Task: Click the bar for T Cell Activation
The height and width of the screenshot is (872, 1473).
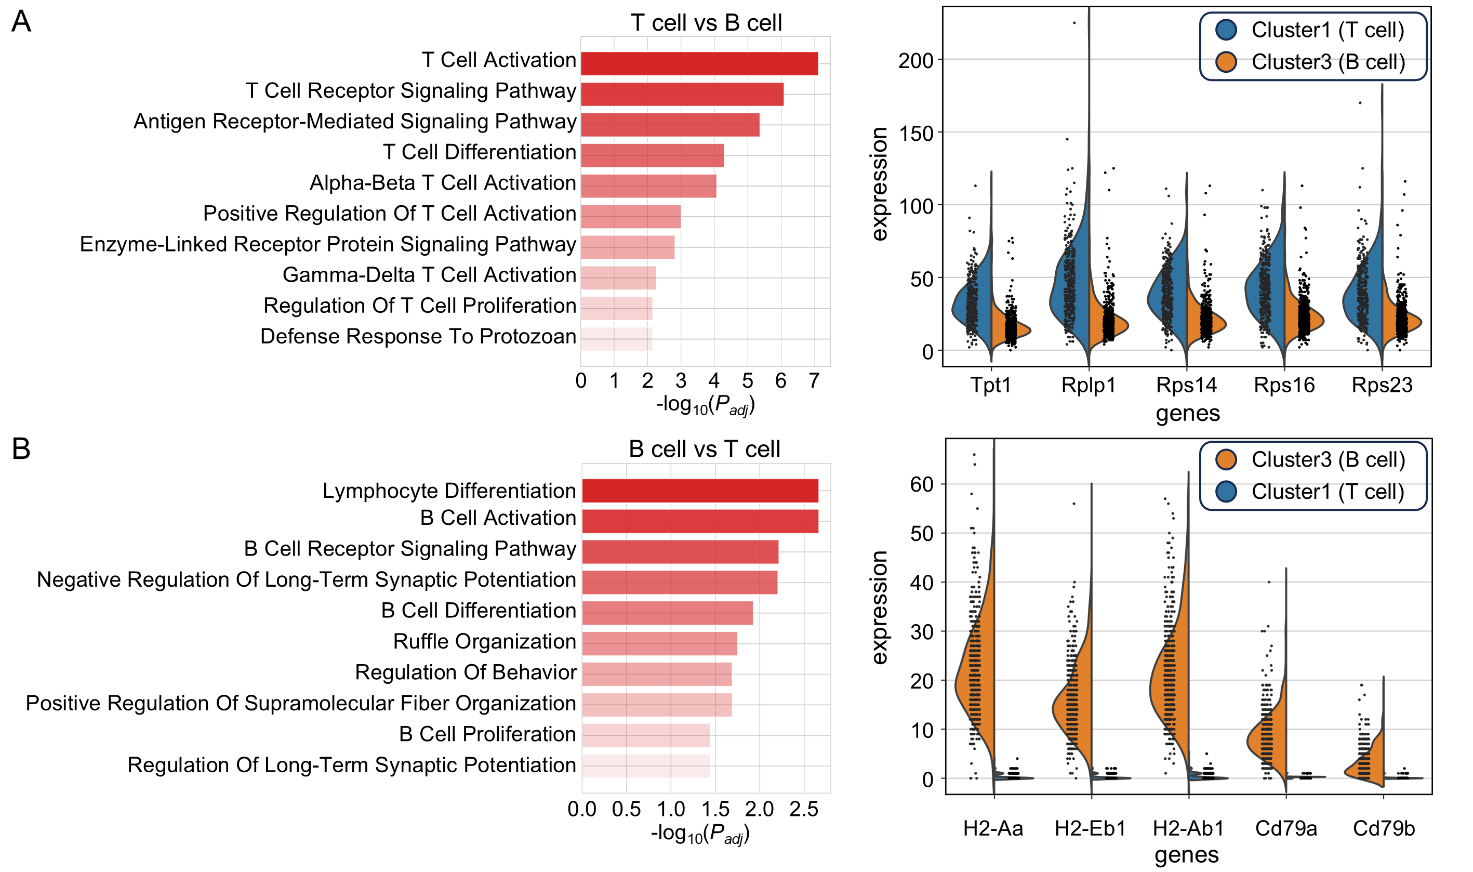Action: pos(699,63)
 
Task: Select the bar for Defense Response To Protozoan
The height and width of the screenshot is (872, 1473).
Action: pos(616,339)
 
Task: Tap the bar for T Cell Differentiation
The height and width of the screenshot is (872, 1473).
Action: pos(652,155)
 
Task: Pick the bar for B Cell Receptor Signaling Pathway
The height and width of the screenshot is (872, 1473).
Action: pos(680,552)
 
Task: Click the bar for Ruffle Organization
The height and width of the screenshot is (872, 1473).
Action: pos(659,643)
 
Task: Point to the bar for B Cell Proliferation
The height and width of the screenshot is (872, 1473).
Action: pos(645,735)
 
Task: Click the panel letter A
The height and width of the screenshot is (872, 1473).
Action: pos(21,22)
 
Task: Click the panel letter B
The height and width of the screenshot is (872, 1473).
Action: pos(21,448)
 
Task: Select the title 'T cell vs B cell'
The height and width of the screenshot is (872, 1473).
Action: pos(706,23)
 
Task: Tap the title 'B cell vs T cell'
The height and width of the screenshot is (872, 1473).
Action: pos(704,449)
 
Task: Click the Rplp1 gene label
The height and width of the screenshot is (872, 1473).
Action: pos(1087,385)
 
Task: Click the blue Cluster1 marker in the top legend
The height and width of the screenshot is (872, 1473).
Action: pos(1226,30)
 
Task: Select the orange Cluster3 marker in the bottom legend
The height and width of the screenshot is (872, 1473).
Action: pos(1226,459)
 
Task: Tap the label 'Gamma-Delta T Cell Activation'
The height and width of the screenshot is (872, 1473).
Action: pos(429,275)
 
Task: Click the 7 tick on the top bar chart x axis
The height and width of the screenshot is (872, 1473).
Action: pos(814,381)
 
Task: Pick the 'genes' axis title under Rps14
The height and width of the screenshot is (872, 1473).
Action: pos(1187,413)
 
